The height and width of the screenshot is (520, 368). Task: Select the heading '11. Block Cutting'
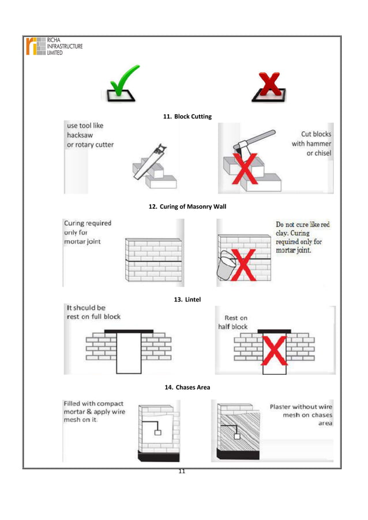tap(187, 117)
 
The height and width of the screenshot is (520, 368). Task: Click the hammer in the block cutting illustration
tap(254, 143)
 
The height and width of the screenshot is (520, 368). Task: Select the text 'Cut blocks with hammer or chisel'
tap(311, 143)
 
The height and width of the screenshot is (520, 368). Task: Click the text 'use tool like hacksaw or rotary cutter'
tap(90, 135)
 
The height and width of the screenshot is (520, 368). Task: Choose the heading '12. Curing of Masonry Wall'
tap(187, 206)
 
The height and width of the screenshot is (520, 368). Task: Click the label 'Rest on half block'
tap(236, 323)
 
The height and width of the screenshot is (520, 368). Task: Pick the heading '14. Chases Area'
tap(187, 387)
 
